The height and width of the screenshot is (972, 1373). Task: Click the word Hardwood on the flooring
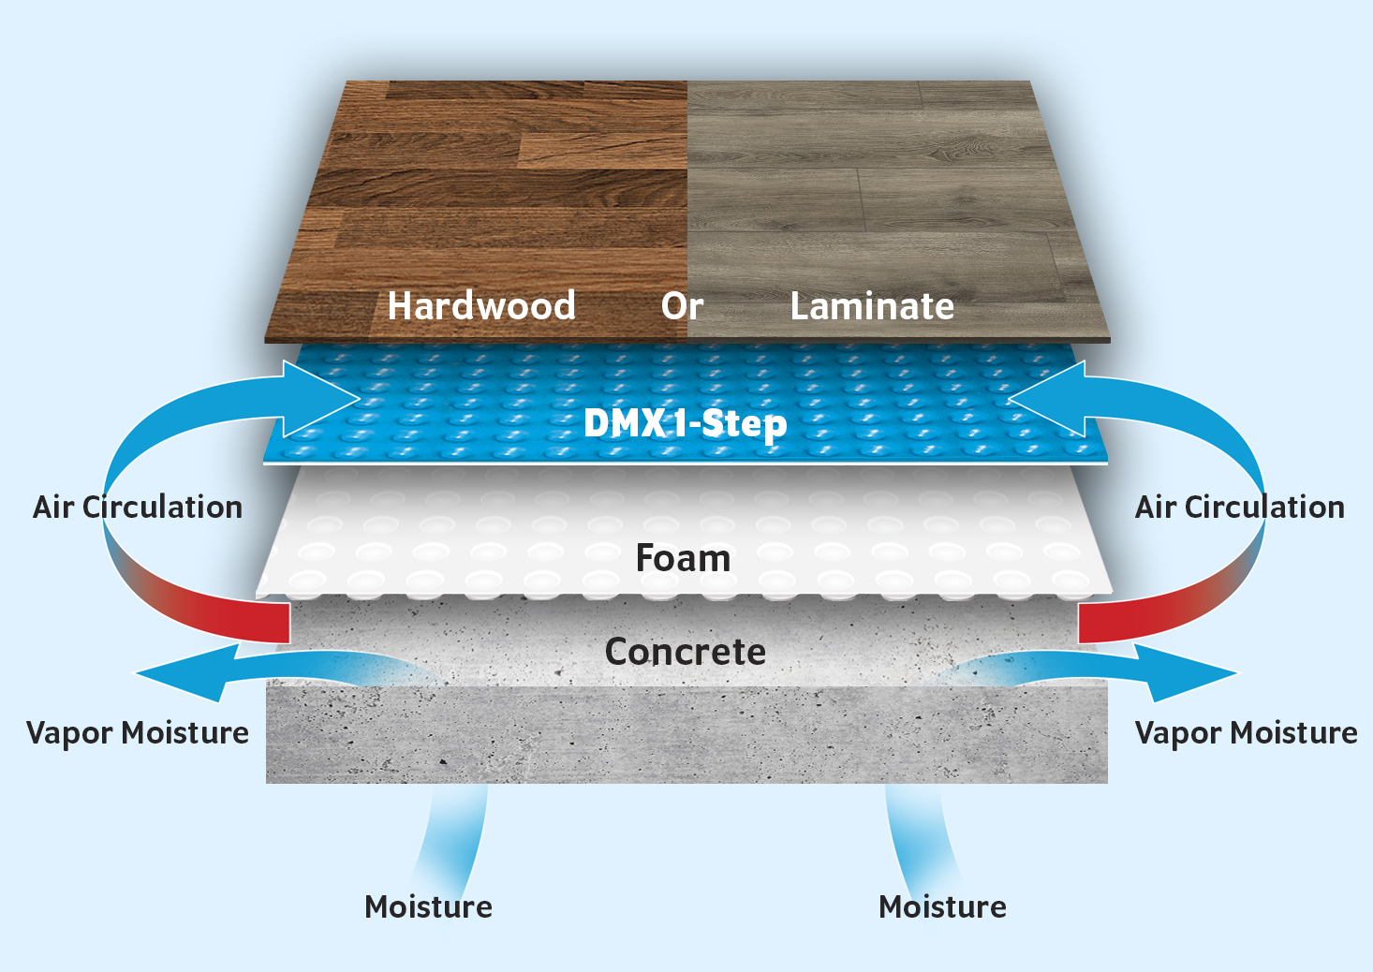click(x=481, y=305)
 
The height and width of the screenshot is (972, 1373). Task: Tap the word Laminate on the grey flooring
click(x=872, y=305)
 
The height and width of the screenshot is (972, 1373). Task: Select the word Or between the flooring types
click(x=682, y=305)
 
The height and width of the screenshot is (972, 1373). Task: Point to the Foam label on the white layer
click(x=684, y=558)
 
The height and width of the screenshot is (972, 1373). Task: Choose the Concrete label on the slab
click(x=686, y=651)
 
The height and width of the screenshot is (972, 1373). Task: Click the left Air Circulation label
click(x=138, y=507)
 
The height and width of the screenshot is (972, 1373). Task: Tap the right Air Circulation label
click(x=1239, y=507)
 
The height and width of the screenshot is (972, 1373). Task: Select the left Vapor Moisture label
click(x=138, y=733)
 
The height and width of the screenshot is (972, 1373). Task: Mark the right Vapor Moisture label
click(x=1247, y=733)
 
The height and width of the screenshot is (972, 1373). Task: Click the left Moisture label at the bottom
click(x=428, y=906)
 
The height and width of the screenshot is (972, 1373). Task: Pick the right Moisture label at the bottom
click(x=943, y=906)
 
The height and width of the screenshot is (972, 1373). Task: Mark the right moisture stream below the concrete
click(x=920, y=840)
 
